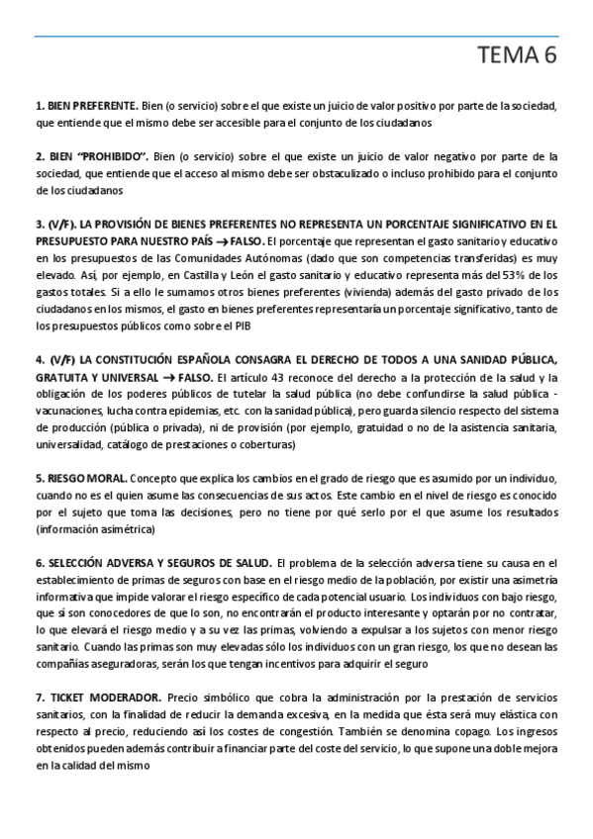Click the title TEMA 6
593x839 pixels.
(x=517, y=58)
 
